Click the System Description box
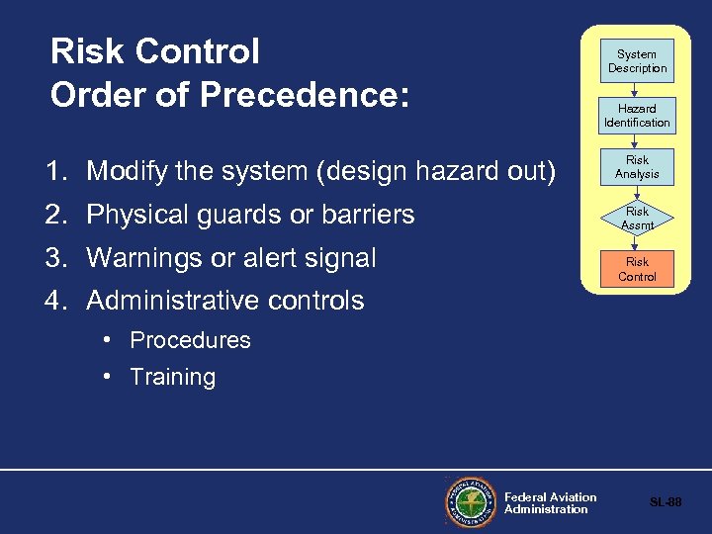pos(637,61)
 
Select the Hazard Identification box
pos(637,116)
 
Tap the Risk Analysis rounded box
pos(637,167)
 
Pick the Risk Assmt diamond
pos(637,219)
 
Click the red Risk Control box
pos(637,269)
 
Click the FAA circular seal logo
pos(471,502)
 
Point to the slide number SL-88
pos(666,502)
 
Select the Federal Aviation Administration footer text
pos(550,503)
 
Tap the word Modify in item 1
pos(125,172)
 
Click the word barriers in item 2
pos(368,215)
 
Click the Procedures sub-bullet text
pos(191,340)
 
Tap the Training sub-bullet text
pos(173,377)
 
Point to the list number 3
pos(55,258)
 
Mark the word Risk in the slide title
pos(85,51)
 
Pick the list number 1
pos(55,172)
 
